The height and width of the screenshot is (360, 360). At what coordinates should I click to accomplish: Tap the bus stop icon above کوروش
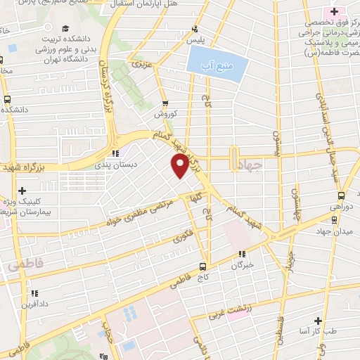165,101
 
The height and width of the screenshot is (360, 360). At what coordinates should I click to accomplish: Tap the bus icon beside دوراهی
340,196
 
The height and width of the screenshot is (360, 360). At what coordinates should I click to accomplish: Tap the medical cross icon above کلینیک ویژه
23,191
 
